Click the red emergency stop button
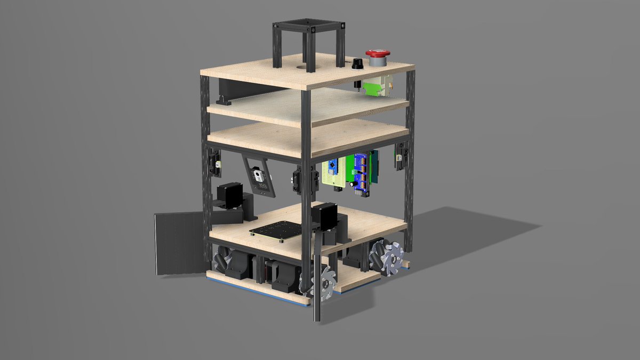pyautogui.click(x=378, y=54)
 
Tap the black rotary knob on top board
pyautogui.click(x=357, y=64)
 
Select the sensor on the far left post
pyautogui.click(x=215, y=162)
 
